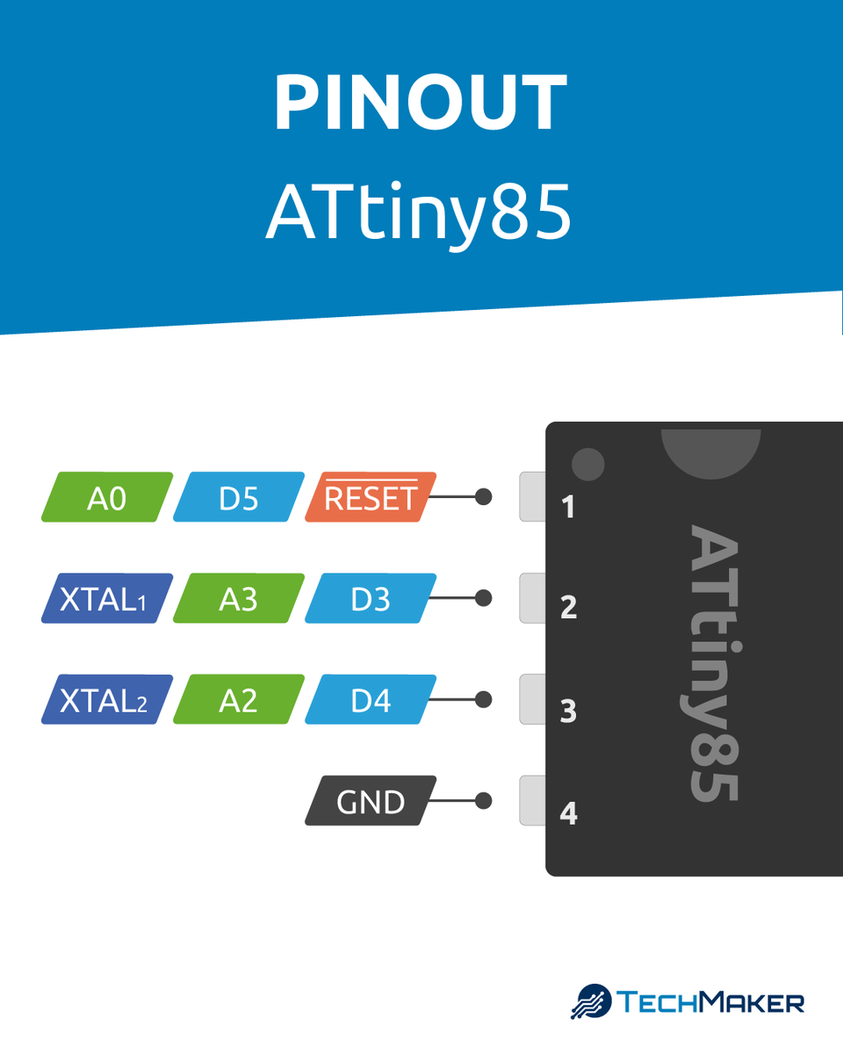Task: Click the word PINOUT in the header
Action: pyautogui.click(x=421, y=103)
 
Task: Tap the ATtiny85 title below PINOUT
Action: pyautogui.click(x=419, y=213)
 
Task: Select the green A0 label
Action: pyautogui.click(x=107, y=498)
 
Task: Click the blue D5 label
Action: pyautogui.click(x=239, y=498)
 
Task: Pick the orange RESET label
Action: pyautogui.click(x=370, y=498)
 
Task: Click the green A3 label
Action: pyautogui.click(x=239, y=599)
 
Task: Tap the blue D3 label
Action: pyautogui.click(x=370, y=599)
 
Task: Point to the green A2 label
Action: pyautogui.click(x=239, y=700)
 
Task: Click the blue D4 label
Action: pyautogui.click(x=370, y=700)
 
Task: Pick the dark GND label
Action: pyautogui.click(x=370, y=801)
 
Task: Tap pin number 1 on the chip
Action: pyautogui.click(x=568, y=507)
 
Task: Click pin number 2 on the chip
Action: pyautogui.click(x=568, y=608)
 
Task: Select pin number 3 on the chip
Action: pyautogui.click(x=568, y=711)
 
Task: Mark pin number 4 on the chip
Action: pyautogui.click(x=568, y=813)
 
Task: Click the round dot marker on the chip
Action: pyautogui.click(x=587, y=464)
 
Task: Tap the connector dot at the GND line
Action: pyautogui.click(x=482, y=801)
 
